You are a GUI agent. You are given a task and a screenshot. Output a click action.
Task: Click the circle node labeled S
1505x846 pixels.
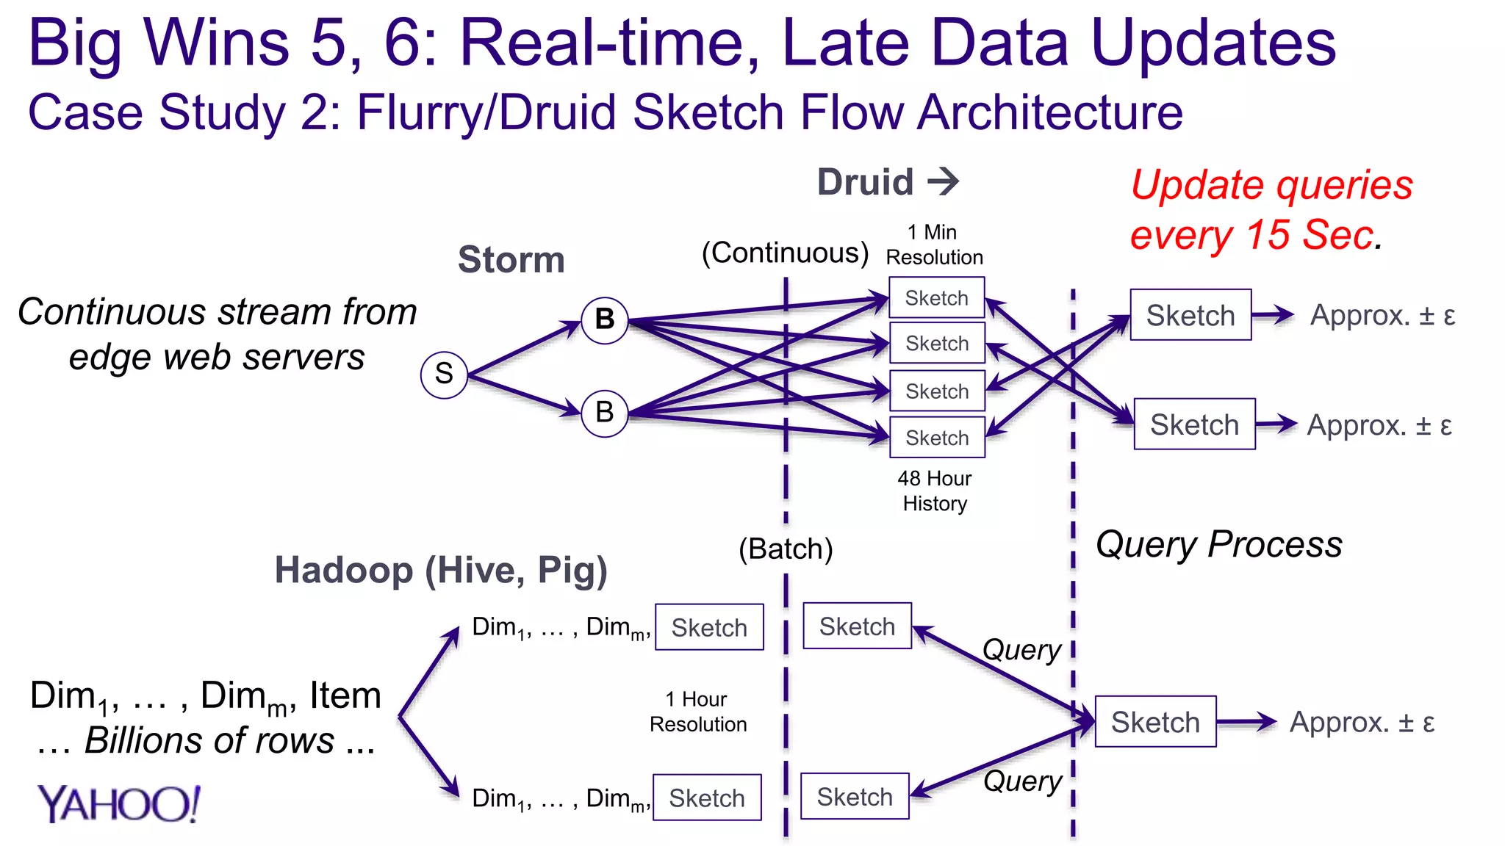click(444, 375)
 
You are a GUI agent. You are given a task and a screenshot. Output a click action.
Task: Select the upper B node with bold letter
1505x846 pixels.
click(604, 320)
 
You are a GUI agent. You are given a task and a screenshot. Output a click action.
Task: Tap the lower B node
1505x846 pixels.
click(604, 413)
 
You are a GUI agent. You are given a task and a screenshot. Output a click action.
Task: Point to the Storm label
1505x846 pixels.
click(511, 260)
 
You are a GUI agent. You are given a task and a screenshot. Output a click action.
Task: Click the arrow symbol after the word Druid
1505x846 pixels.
click(944, 181)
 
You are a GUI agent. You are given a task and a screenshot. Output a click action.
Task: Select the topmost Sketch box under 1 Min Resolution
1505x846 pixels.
click(936, 297)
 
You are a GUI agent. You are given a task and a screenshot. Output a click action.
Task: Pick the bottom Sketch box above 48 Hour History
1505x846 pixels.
click(936, 438)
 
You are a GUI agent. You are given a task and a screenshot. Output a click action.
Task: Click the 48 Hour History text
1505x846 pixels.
click(935, 491)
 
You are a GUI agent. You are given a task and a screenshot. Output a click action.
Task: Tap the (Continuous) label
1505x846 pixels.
click(785, 253)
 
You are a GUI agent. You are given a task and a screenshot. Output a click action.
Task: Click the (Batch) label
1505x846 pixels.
click(786, 549)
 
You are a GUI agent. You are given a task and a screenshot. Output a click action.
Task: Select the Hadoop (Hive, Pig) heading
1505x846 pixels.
click(441, 570)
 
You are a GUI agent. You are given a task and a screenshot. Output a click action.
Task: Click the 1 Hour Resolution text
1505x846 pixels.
click(698, 712)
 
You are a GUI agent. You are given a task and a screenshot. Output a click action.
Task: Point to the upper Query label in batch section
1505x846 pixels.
click(1021, 650)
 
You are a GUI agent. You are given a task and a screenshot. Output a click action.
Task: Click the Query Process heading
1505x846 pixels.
click(1218, 544)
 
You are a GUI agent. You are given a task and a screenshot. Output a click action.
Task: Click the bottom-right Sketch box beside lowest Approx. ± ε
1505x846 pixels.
click(1155, 722)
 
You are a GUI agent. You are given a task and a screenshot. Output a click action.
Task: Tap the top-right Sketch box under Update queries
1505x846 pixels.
click(1190, 315)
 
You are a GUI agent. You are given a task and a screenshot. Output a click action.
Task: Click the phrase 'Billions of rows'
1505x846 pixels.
click(209, 740)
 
